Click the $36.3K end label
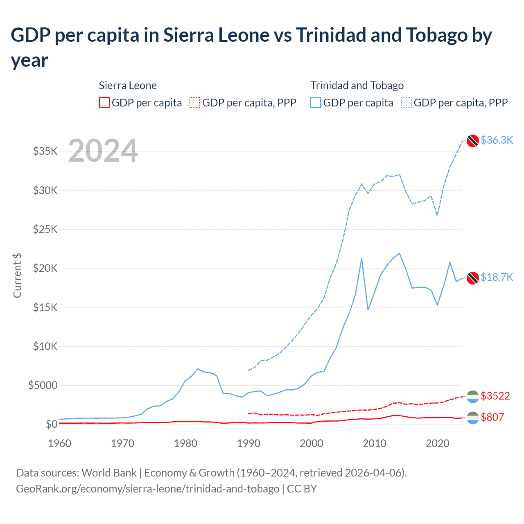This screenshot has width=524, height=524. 497,140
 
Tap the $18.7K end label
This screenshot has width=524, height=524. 497,277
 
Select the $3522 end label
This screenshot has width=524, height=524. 495,396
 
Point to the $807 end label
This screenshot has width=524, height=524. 492,417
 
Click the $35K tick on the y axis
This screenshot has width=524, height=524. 45,151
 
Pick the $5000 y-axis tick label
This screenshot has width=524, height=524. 43,385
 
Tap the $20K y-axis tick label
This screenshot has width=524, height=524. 45,268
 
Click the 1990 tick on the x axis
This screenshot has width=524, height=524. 248,443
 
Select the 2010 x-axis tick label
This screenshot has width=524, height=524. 375,443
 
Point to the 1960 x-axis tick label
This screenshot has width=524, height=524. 60,443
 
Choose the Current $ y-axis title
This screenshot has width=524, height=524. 17,275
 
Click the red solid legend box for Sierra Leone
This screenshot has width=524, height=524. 104,102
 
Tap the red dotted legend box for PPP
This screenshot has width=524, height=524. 195,102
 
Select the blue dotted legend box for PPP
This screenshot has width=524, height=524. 407,102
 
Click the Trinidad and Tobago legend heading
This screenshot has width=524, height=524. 357,86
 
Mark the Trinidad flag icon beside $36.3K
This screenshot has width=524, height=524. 473,140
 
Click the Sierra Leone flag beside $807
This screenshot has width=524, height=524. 473,418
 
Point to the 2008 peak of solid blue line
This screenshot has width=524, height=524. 361,258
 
